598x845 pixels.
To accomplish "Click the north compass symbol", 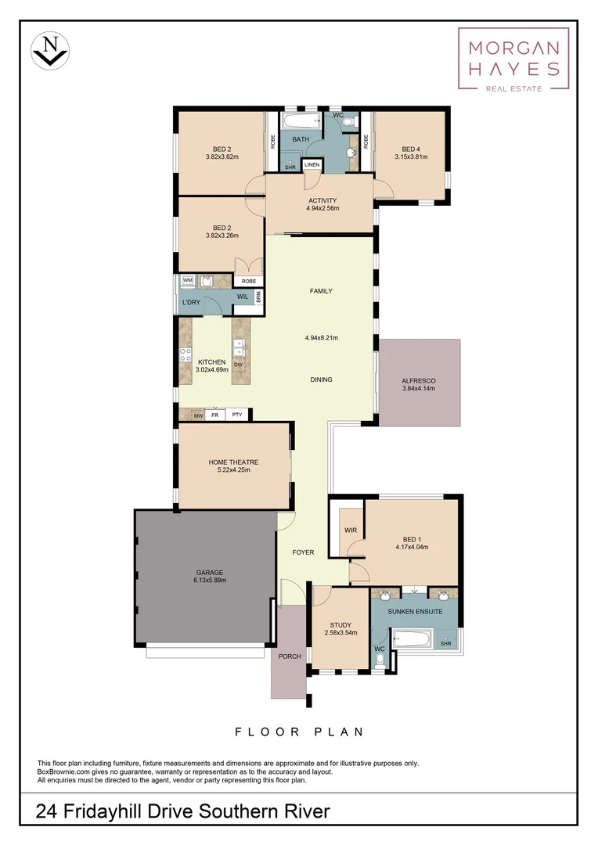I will [51, 50].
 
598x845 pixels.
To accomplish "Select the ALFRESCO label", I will [418, 381].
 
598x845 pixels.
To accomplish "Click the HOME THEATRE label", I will [233, 462].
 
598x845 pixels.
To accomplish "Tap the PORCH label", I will [290, 656].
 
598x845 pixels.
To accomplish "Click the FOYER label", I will [303, 552].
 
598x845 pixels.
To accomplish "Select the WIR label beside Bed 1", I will [350, 530].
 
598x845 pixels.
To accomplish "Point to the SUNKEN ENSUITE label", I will [413, 611].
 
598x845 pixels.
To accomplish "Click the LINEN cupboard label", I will [312, 165].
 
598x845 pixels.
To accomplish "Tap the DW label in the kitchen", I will [238, 365].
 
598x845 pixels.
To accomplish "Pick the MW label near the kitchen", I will [188, 415].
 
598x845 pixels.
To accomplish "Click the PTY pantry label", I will [236, 415].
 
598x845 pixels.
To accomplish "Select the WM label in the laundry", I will [188, 279].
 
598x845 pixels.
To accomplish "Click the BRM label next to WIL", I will [258, 297].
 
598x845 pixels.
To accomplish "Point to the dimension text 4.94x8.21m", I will [321, 338].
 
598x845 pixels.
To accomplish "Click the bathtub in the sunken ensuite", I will [412, 638].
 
